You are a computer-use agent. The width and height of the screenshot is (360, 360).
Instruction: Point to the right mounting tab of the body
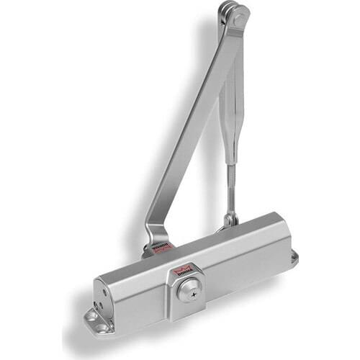coord(293,258)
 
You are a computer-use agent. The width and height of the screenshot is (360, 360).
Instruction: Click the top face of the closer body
coord(209,241)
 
